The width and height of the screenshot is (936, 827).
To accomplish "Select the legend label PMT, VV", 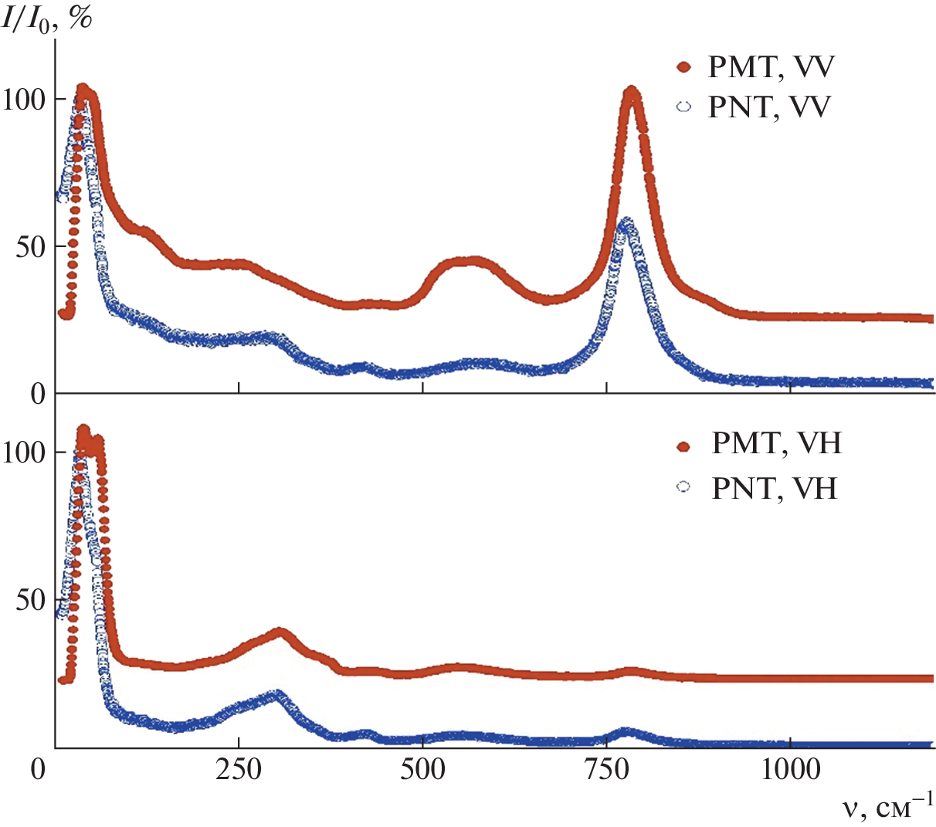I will click(771, 67).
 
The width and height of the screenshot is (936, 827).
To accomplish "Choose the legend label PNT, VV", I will click(769, 107).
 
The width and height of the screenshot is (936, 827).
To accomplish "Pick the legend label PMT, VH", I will click(776, 444).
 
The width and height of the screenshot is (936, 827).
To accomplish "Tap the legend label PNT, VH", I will click(774, 488).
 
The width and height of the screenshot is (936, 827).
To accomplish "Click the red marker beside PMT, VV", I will click(683, 68).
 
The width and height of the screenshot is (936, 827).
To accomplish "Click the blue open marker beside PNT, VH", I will click(683, 487).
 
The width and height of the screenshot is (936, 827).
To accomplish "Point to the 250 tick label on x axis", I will click(239, 770).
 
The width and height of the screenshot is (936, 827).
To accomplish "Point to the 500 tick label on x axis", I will click(423, 770).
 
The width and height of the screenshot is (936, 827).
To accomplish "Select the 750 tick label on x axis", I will click(607, 770).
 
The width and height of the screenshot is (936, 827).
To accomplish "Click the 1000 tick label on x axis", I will click(791, 770).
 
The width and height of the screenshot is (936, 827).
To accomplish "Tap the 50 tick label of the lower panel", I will click(31, 601).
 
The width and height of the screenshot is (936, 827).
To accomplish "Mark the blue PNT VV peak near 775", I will click(626, 223).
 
